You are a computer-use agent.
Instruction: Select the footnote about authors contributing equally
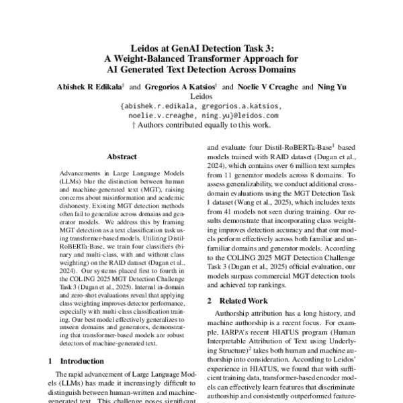[x=201, y=124]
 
